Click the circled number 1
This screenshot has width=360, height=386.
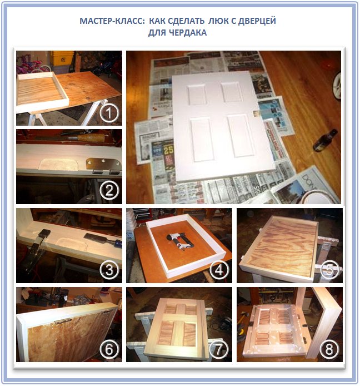109,113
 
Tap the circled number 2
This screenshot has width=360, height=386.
109,191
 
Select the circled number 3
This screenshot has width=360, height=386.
109,270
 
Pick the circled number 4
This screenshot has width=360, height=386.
219,270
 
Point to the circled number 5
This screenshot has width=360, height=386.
329,270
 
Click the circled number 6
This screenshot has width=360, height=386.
109,349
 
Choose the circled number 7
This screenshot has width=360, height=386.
219,349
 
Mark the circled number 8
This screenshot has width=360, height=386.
329,349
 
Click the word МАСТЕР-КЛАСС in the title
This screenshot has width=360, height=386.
112,21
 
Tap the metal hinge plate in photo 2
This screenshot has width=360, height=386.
103,165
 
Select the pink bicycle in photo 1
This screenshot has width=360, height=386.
32,65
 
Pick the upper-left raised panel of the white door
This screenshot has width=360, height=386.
197,95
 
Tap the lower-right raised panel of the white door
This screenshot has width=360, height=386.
241,135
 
